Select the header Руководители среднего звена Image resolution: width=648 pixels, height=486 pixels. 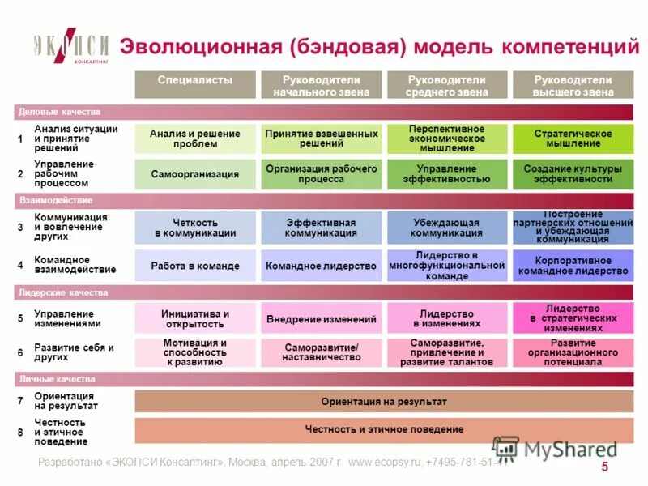[x=447, y=86]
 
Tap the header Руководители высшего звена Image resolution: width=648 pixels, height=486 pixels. [x=573, y=86]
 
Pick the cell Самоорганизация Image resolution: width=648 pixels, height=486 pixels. [x=195, y=174]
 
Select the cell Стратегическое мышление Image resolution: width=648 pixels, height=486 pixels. [x=573, y=139]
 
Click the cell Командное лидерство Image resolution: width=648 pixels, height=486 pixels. [x=321, y=266]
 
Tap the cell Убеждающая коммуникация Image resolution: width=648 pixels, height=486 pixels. [x=447, y=228]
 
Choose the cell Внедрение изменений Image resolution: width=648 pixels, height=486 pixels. [x=321, y=319]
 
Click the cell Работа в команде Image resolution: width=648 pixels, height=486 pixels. [x=195, y=266]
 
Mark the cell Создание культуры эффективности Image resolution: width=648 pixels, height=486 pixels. [x=573, y=174]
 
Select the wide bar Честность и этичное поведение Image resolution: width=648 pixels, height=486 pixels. [x=384, y=429]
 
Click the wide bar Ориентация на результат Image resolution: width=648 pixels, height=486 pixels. [x=384, y=402]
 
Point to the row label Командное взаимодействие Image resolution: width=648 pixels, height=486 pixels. [x=75, y=264]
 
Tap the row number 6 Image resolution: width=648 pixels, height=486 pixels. [x=20, y=353]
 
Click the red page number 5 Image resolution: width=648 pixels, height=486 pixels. [x=604, y=467]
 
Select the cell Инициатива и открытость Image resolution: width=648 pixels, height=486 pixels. [x=195, y=319]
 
